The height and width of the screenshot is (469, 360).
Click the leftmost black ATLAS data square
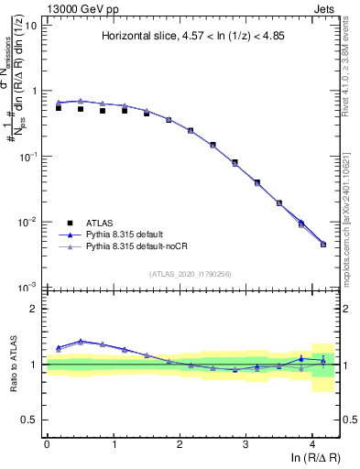tap(59, 108)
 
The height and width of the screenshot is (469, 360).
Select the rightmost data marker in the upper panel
tap(323, 244)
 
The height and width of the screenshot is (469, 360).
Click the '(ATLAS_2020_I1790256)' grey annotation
tap(191, 274)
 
